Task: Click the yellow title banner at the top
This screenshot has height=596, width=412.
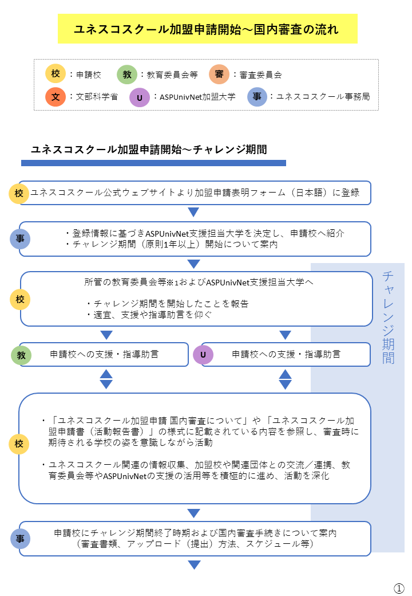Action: click(208, 29)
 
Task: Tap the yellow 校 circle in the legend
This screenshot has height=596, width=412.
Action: click(56, 73)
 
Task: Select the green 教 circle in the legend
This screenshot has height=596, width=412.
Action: click(126, 74)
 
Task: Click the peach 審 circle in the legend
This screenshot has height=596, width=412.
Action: click(219, 74)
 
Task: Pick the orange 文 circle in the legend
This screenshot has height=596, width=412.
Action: click(56, 96)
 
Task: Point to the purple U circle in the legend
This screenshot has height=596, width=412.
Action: click(139, 97)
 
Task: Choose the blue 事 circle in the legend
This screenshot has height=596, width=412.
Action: click(257, 96)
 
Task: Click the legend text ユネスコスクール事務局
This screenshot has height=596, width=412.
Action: click(323, 96)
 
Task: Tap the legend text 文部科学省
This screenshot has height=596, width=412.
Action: click(97, 96)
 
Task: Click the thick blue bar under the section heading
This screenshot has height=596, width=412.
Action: click(153, 163)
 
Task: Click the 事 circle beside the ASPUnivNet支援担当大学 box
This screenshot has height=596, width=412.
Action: click(19, 239)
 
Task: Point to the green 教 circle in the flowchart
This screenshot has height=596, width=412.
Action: click(21, 355)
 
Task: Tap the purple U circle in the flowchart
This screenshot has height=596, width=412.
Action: click(203, 355)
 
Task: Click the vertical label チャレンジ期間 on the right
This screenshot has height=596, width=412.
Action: click(388, 317)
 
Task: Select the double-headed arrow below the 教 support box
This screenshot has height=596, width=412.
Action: click(106, 379)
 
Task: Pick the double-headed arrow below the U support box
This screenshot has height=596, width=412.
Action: click(286, 379)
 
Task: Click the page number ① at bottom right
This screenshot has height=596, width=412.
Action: click(399, 588)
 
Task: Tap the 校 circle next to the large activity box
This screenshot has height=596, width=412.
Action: click(19, 444)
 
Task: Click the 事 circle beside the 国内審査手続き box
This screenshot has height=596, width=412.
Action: click(20, 539)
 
